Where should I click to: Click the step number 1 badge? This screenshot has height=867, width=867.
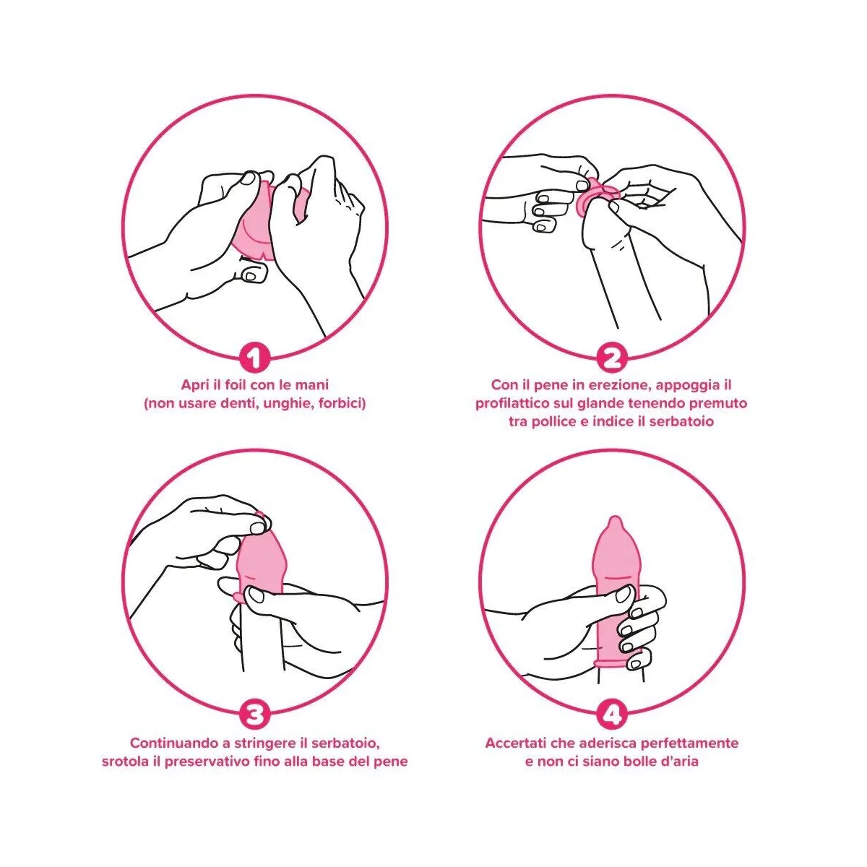254,358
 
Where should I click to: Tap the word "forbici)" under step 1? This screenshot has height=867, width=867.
342,403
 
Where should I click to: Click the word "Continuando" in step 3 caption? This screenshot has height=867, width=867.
164,743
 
